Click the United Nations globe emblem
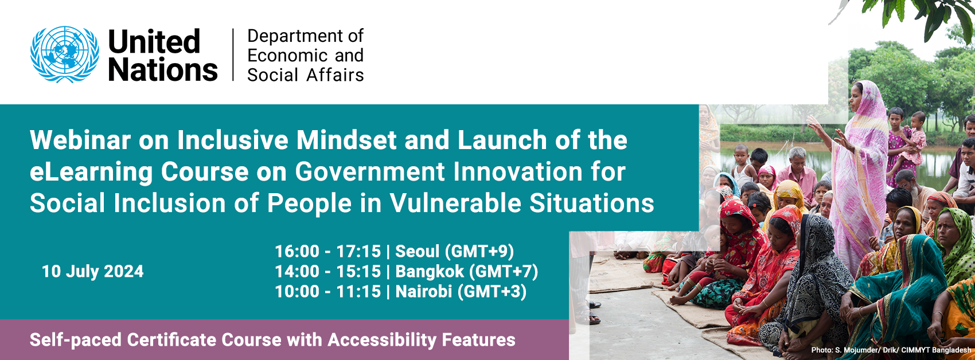[x=64, y=54]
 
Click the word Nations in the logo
[x=163, y=69]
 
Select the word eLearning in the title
[x=91, y=172]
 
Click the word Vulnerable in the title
[x=455, y=204]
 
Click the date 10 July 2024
[x=93, y=271]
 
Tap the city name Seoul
[x=418, y=251]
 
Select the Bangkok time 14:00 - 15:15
[x=327, y=271]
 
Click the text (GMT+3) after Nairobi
[x=492, y=291]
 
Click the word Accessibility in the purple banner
[x=382, y=339]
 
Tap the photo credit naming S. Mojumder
[x=891, y=350]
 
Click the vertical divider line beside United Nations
[x=233, y=54]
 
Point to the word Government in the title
[x=370, y=172]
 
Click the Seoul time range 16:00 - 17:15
[x=327, y=251]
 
